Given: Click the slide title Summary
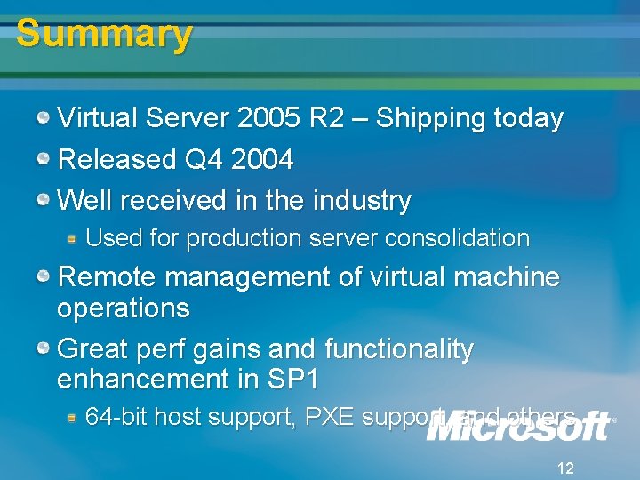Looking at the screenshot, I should [104, 34].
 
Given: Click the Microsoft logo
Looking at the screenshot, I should [518, 427].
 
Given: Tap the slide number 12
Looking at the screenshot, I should [564, 468].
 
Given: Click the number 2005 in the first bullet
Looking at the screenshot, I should [269, 118].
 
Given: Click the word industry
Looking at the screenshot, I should [360, 201].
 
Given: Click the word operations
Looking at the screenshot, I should [123, 308].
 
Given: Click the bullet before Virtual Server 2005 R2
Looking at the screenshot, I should [44, 116].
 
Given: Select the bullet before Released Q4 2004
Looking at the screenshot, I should [44, 158].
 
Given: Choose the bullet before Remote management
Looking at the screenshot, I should [44, 276].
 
